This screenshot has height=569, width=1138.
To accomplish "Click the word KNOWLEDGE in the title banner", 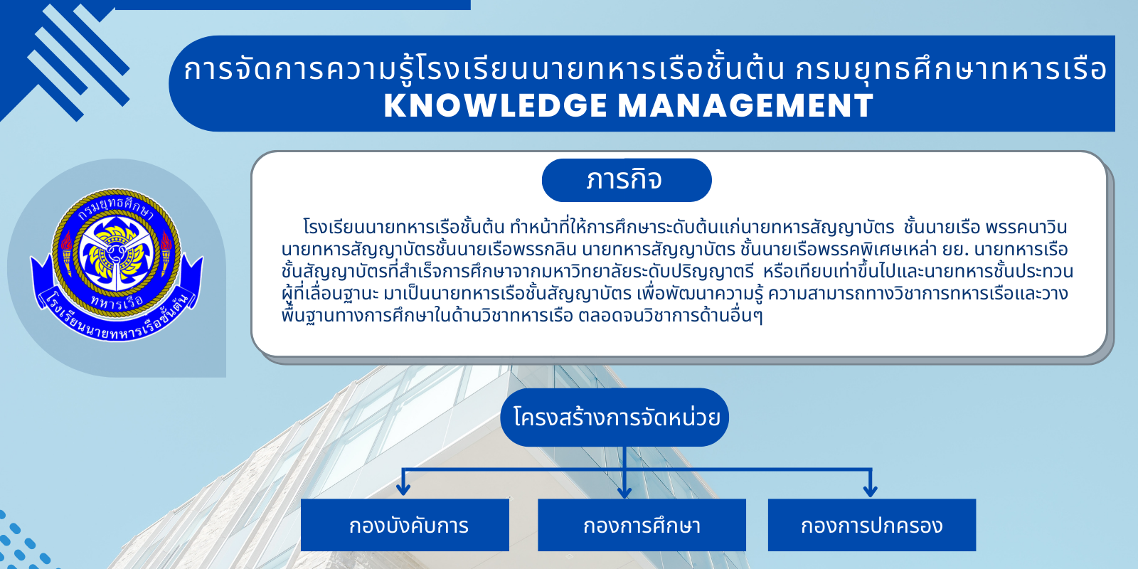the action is (x=495, y=106).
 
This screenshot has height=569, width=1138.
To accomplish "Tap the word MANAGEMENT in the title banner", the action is (x=746, y=106).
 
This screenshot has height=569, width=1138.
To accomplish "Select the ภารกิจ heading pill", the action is (x=627, y=180).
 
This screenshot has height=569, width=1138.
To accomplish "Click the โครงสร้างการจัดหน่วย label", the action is (x=615, y=418).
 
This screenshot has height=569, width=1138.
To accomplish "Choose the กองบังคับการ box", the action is (x=405, y=525).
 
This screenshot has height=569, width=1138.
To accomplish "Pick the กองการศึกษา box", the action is (x=642, y=525).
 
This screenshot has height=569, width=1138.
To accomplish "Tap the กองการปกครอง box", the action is (x=872, y=525).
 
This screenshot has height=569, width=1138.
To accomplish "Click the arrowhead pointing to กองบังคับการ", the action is (x=403, y=489).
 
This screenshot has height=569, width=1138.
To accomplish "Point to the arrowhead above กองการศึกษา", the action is (x=624, y=491).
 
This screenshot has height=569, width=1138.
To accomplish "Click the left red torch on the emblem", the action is (x=67, y=252).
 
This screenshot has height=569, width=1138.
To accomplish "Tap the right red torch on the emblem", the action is (x=166, y=252).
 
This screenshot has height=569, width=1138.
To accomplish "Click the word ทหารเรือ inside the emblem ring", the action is (x=117, y=302).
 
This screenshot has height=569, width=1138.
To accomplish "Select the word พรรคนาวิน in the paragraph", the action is (x=1026, y=227).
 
